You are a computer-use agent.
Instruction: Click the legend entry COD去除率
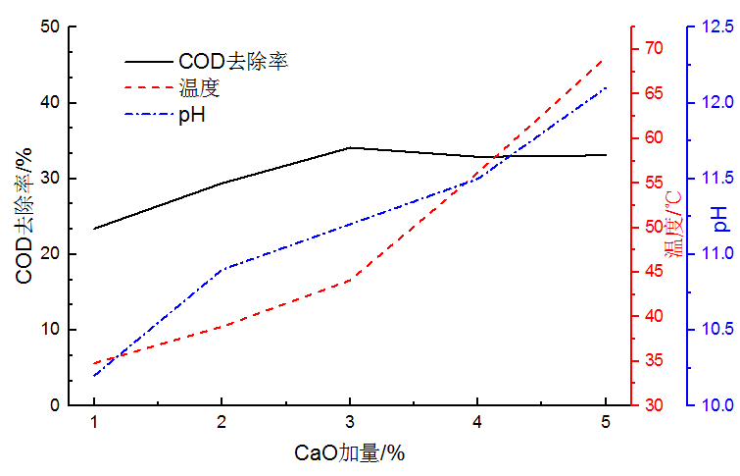[x=232, y=61]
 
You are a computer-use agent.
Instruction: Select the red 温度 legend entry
[x=199, y=88]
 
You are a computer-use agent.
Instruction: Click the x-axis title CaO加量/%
[x=350, y=453]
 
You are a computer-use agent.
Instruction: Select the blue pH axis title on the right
[x=720, y=218]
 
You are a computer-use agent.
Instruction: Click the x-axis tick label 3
[x=350, y=422]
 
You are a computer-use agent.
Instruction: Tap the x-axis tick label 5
[x=606, y=422]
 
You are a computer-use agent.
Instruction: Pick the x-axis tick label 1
[x=94, y=422]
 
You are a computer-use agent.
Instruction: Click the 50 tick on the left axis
[x=49, y=27]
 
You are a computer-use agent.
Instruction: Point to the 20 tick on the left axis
[x=49, y=254]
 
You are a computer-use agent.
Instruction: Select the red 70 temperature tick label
[x=654, y=48]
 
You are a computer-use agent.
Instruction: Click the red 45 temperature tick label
[x=654, y=272]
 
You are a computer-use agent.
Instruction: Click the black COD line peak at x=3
[x=350, y=148]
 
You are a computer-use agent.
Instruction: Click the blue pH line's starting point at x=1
[x=94, y=376]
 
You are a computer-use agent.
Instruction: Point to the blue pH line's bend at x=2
[x=222, y=268]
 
